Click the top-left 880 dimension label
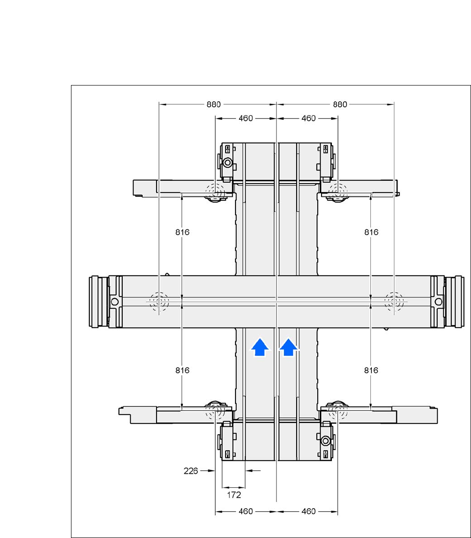(x=213, y=104)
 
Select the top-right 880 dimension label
(x=340, y=104)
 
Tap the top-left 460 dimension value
(x=246, y=118)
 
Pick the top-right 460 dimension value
(x=308, y=118)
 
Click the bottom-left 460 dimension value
(x=246, y=512)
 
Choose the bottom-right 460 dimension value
(x=308, y=512)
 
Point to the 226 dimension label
(x=190, y=471)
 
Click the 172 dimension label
(x=234, y=495)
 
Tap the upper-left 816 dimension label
(x=182, y=232)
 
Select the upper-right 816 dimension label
(x=371, y=232)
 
